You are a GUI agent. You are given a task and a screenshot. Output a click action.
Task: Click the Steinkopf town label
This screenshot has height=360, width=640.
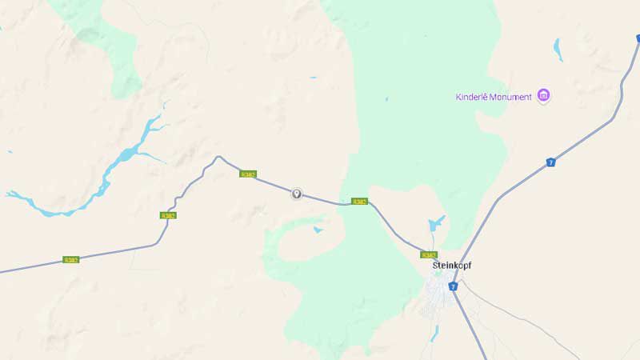point(452,265)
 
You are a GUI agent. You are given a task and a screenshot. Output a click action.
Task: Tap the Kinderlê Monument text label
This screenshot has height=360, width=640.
point(494,97)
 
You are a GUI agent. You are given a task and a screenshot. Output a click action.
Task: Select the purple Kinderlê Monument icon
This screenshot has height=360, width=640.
point(544,96)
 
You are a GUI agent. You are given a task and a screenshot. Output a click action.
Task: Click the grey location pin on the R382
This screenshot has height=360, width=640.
point(297,194)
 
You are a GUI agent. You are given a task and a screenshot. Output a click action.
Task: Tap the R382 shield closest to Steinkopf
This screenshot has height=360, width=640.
point(429,254)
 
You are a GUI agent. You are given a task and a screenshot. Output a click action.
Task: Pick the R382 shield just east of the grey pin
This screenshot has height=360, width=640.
point(359,202)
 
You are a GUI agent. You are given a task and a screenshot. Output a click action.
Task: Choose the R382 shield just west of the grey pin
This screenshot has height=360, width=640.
point(248,174)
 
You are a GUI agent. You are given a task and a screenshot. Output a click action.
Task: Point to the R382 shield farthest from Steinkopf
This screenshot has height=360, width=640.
point(71,260)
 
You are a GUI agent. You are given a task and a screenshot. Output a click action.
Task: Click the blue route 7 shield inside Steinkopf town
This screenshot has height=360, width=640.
point(453,286)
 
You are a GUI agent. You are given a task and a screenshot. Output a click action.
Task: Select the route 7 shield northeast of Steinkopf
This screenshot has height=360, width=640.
point(550,162)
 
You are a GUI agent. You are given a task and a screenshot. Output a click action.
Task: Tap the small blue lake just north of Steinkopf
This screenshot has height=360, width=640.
point(436,223)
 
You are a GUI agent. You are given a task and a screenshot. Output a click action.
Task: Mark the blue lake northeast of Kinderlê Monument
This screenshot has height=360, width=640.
point(558,49)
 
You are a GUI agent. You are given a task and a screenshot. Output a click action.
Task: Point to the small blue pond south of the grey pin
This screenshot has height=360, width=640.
point(318,230)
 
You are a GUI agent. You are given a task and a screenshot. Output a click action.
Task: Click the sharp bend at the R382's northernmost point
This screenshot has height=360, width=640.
point(218,157)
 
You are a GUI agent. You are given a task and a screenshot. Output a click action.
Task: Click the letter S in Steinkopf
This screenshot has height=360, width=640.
point(435,265)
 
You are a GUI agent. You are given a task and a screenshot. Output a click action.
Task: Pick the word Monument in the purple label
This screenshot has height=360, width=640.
point(512,97)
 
